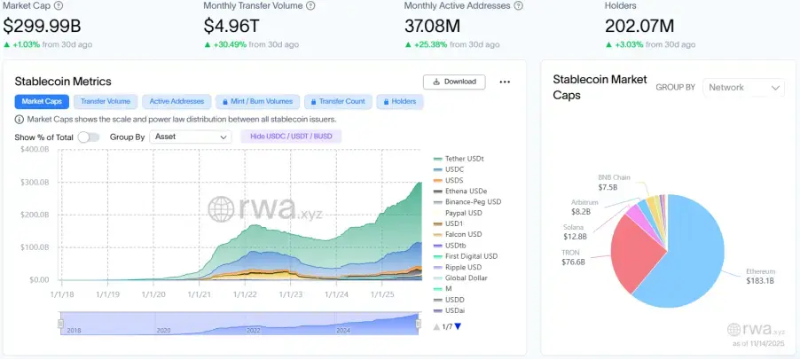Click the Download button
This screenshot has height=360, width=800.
click(454, 82)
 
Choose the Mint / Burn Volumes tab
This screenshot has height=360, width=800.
click(256, 102)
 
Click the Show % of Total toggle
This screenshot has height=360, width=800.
click(88, 137)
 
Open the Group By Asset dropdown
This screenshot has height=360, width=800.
click(191, 137)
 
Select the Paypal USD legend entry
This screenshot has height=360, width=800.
click(463, 213)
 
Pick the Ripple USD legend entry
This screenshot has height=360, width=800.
click(463, 267)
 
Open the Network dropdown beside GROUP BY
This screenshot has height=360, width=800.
click(743, 87)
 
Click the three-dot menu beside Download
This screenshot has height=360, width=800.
click(505, 82)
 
